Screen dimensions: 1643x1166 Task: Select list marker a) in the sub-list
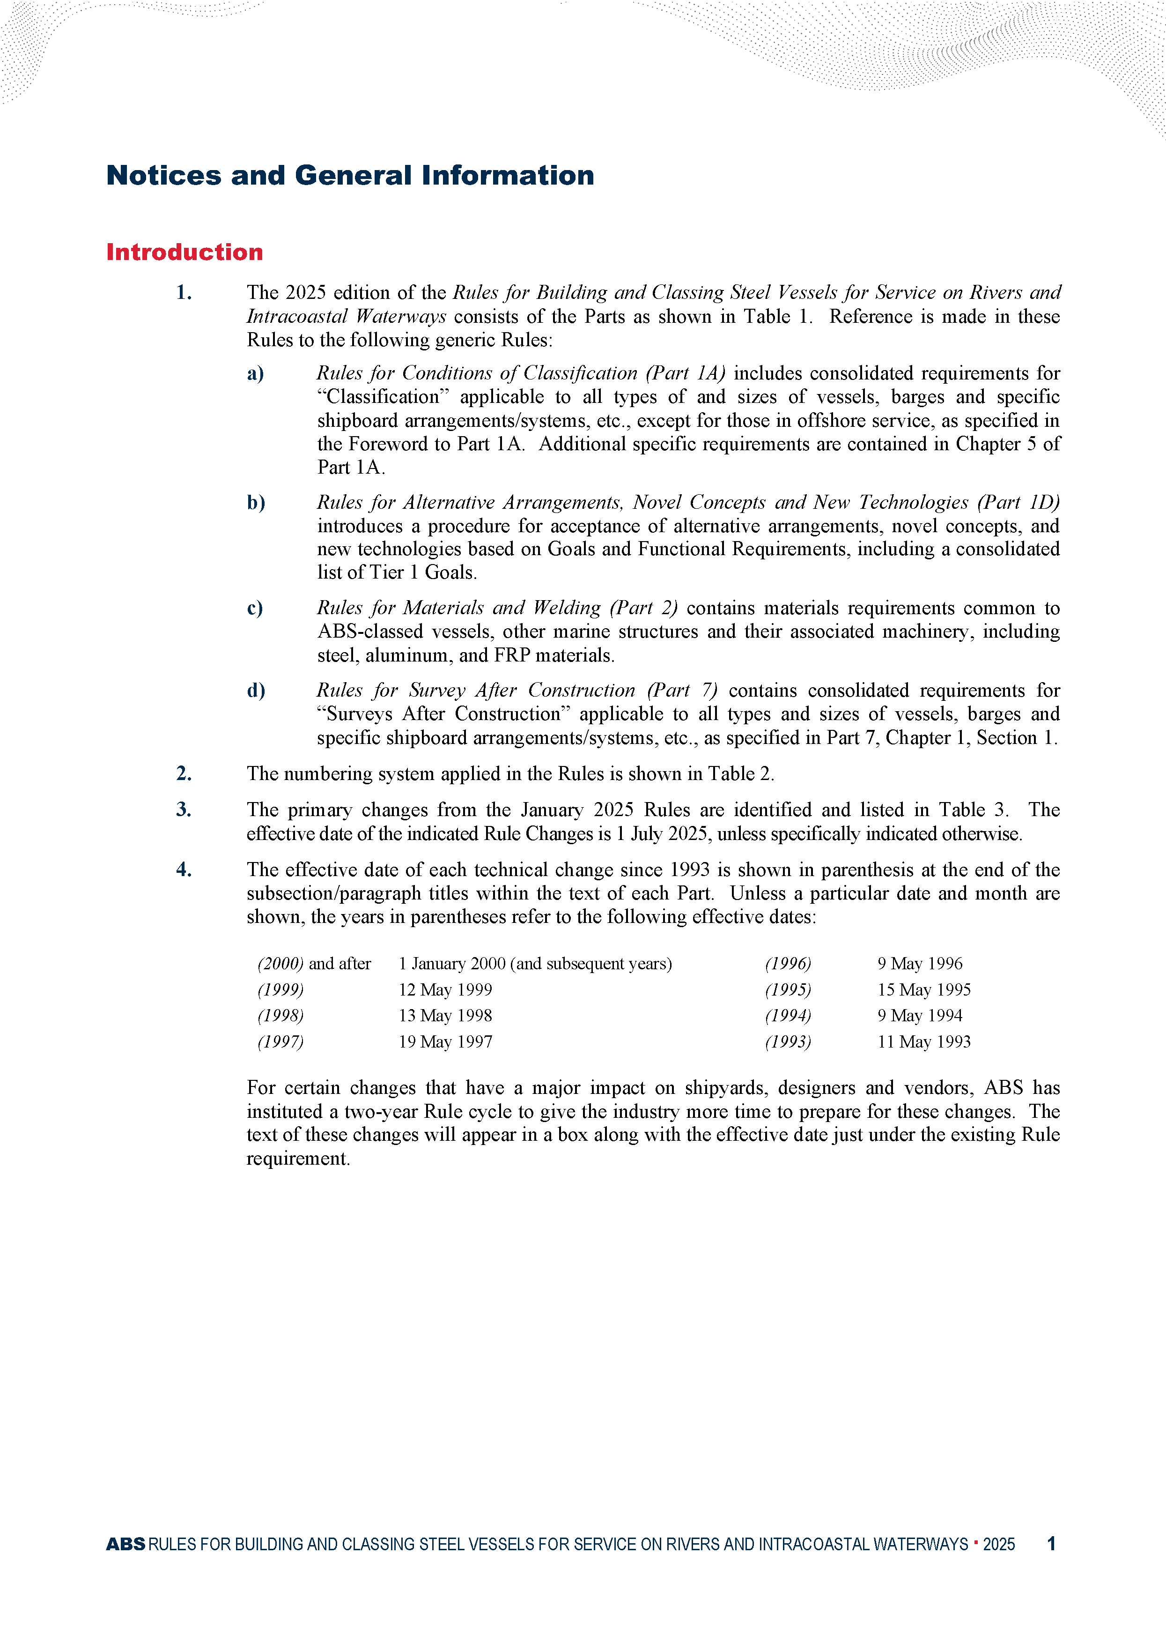pyautogui.click(x=256, y=373)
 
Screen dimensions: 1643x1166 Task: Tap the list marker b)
pyautogui.click(x=256, y=503)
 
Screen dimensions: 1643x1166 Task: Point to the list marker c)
pyautogui.click(x=255, y=608)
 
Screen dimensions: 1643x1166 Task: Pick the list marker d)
pyautogui.click(x=256, y=691)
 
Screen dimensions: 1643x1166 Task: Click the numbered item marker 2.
pyautogui.click(x=184, y=773)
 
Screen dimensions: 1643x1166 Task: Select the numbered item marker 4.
pyautogui.click(x=184, y=870)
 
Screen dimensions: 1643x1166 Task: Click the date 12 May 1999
pyautogui.click(x=445, y=989)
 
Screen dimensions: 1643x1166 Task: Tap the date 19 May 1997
pyautogui.click(x=445, y=1042)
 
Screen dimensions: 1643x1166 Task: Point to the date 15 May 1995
pyautogui.click(x=923, y=989)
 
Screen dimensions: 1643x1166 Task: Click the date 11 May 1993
pyautogui.click(x=923, y=1042)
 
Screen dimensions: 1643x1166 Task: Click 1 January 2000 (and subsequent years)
pyautogui.click(x=535, y=964)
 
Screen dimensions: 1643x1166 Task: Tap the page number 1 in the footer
pyautogui.click(x=1051, y=1544)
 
